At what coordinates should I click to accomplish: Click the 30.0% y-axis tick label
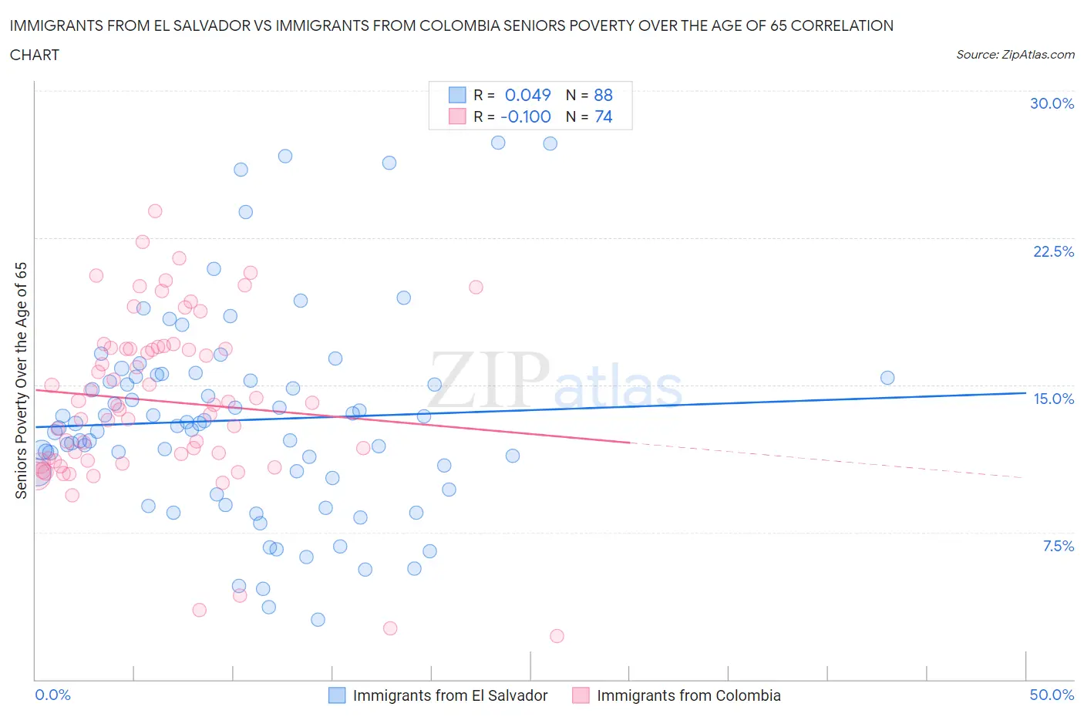point(1052,103)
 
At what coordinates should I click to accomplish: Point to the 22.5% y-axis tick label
point(1053,251)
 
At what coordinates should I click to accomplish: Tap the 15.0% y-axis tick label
point(1053,399)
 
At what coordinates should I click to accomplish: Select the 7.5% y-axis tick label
point(1058,546)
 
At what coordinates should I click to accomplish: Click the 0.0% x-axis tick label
point(52,695)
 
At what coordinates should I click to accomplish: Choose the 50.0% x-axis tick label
point(1052,695)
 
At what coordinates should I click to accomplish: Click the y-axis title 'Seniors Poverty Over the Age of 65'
point(22,380)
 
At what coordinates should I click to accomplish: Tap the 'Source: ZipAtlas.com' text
point(1015,54)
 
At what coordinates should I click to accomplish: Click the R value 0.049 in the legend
point(527,95)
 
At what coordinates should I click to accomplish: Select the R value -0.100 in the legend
point(525,116)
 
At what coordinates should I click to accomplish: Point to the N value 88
point(603,95)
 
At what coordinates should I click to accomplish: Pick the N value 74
point(603,116)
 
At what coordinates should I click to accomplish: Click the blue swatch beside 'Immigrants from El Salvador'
point(337,695)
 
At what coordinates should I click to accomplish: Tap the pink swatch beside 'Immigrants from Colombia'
point(581,695)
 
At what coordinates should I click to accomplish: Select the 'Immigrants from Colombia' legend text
point(688,695)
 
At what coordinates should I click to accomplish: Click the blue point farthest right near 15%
point(887,378)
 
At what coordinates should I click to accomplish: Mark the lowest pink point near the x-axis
point(557,636)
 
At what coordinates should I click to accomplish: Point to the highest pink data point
point(155,211)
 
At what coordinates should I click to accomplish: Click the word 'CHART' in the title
point(35,55)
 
